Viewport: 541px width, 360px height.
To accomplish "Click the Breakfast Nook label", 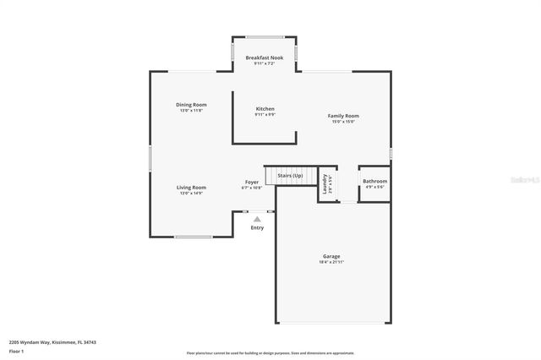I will point(264,57).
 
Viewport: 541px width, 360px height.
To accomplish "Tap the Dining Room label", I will point(192,105).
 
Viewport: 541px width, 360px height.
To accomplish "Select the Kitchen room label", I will point(265,109).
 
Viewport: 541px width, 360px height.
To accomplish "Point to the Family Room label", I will point(343,116).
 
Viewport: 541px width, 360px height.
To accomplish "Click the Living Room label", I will point(191,188).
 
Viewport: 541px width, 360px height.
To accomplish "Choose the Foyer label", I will point(252,183).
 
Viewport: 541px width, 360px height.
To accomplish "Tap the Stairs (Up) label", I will point(290,176).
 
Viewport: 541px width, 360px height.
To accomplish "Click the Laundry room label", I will point(325,183).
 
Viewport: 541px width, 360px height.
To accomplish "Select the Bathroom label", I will point(374,182).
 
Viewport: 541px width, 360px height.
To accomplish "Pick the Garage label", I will point(331,256).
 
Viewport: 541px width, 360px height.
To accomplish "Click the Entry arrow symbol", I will point(257,219).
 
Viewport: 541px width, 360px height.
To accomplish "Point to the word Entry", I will point(257,227).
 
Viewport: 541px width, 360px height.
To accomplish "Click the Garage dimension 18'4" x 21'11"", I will point(331,262).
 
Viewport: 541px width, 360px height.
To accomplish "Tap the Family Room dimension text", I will point(343,122).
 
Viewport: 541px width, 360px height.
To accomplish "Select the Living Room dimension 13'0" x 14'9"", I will point(191,194).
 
